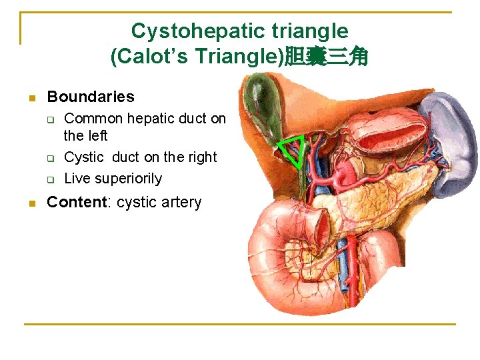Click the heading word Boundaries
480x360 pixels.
click(x=91, y=97)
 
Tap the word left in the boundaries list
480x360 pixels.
click(x=97, y=136)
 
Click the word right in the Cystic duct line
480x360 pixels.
click(x=203, y=157)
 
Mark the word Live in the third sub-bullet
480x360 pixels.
click(x=77, y=179)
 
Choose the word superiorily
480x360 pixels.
click(x=128, y=179)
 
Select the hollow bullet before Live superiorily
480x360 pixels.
click(x=49, y=179)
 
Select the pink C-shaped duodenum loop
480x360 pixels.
click(x=280, y=253)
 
